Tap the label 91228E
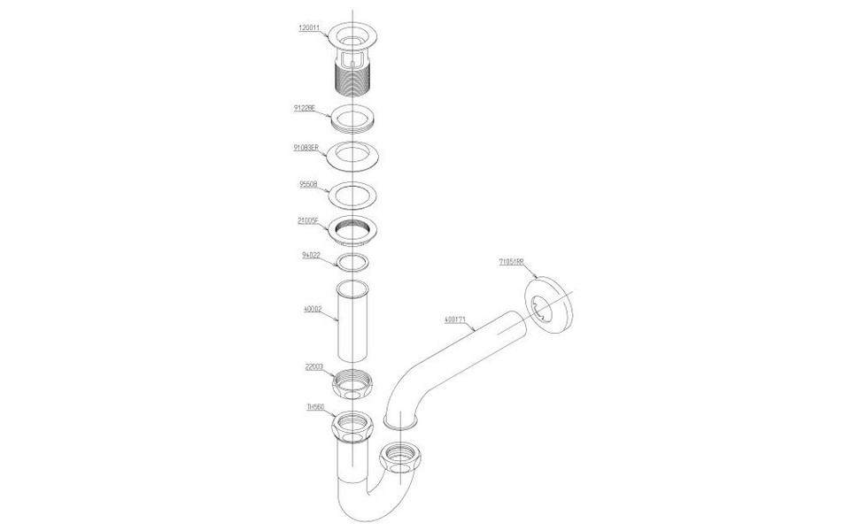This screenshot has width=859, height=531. [306, 108]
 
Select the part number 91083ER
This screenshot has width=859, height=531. [308, 148]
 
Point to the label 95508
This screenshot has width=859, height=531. [307, 186]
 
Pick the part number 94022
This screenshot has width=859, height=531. [311, 255]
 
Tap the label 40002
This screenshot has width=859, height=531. [313, 310]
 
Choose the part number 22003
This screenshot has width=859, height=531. [313, 365]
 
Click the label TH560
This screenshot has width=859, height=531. [315, 406]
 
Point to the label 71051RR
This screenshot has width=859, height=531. [511, 262]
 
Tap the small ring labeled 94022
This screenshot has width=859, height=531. [352, 262]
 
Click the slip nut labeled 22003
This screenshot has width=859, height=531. [354, 386]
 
